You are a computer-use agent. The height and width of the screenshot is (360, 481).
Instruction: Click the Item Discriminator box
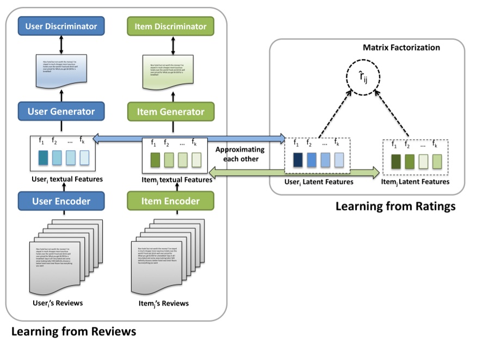point(170,26)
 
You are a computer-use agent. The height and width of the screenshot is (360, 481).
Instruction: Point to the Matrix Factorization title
point(402,48)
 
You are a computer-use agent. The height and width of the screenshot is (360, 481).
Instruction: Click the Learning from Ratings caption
point(394,207)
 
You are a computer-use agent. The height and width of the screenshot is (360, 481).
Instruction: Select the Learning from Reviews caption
point(73,331)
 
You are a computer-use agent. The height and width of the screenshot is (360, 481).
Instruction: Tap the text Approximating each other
point(240,154)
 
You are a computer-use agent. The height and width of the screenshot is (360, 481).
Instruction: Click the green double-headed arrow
point(294,173)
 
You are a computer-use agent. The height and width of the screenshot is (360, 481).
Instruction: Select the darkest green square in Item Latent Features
point(396,162)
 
